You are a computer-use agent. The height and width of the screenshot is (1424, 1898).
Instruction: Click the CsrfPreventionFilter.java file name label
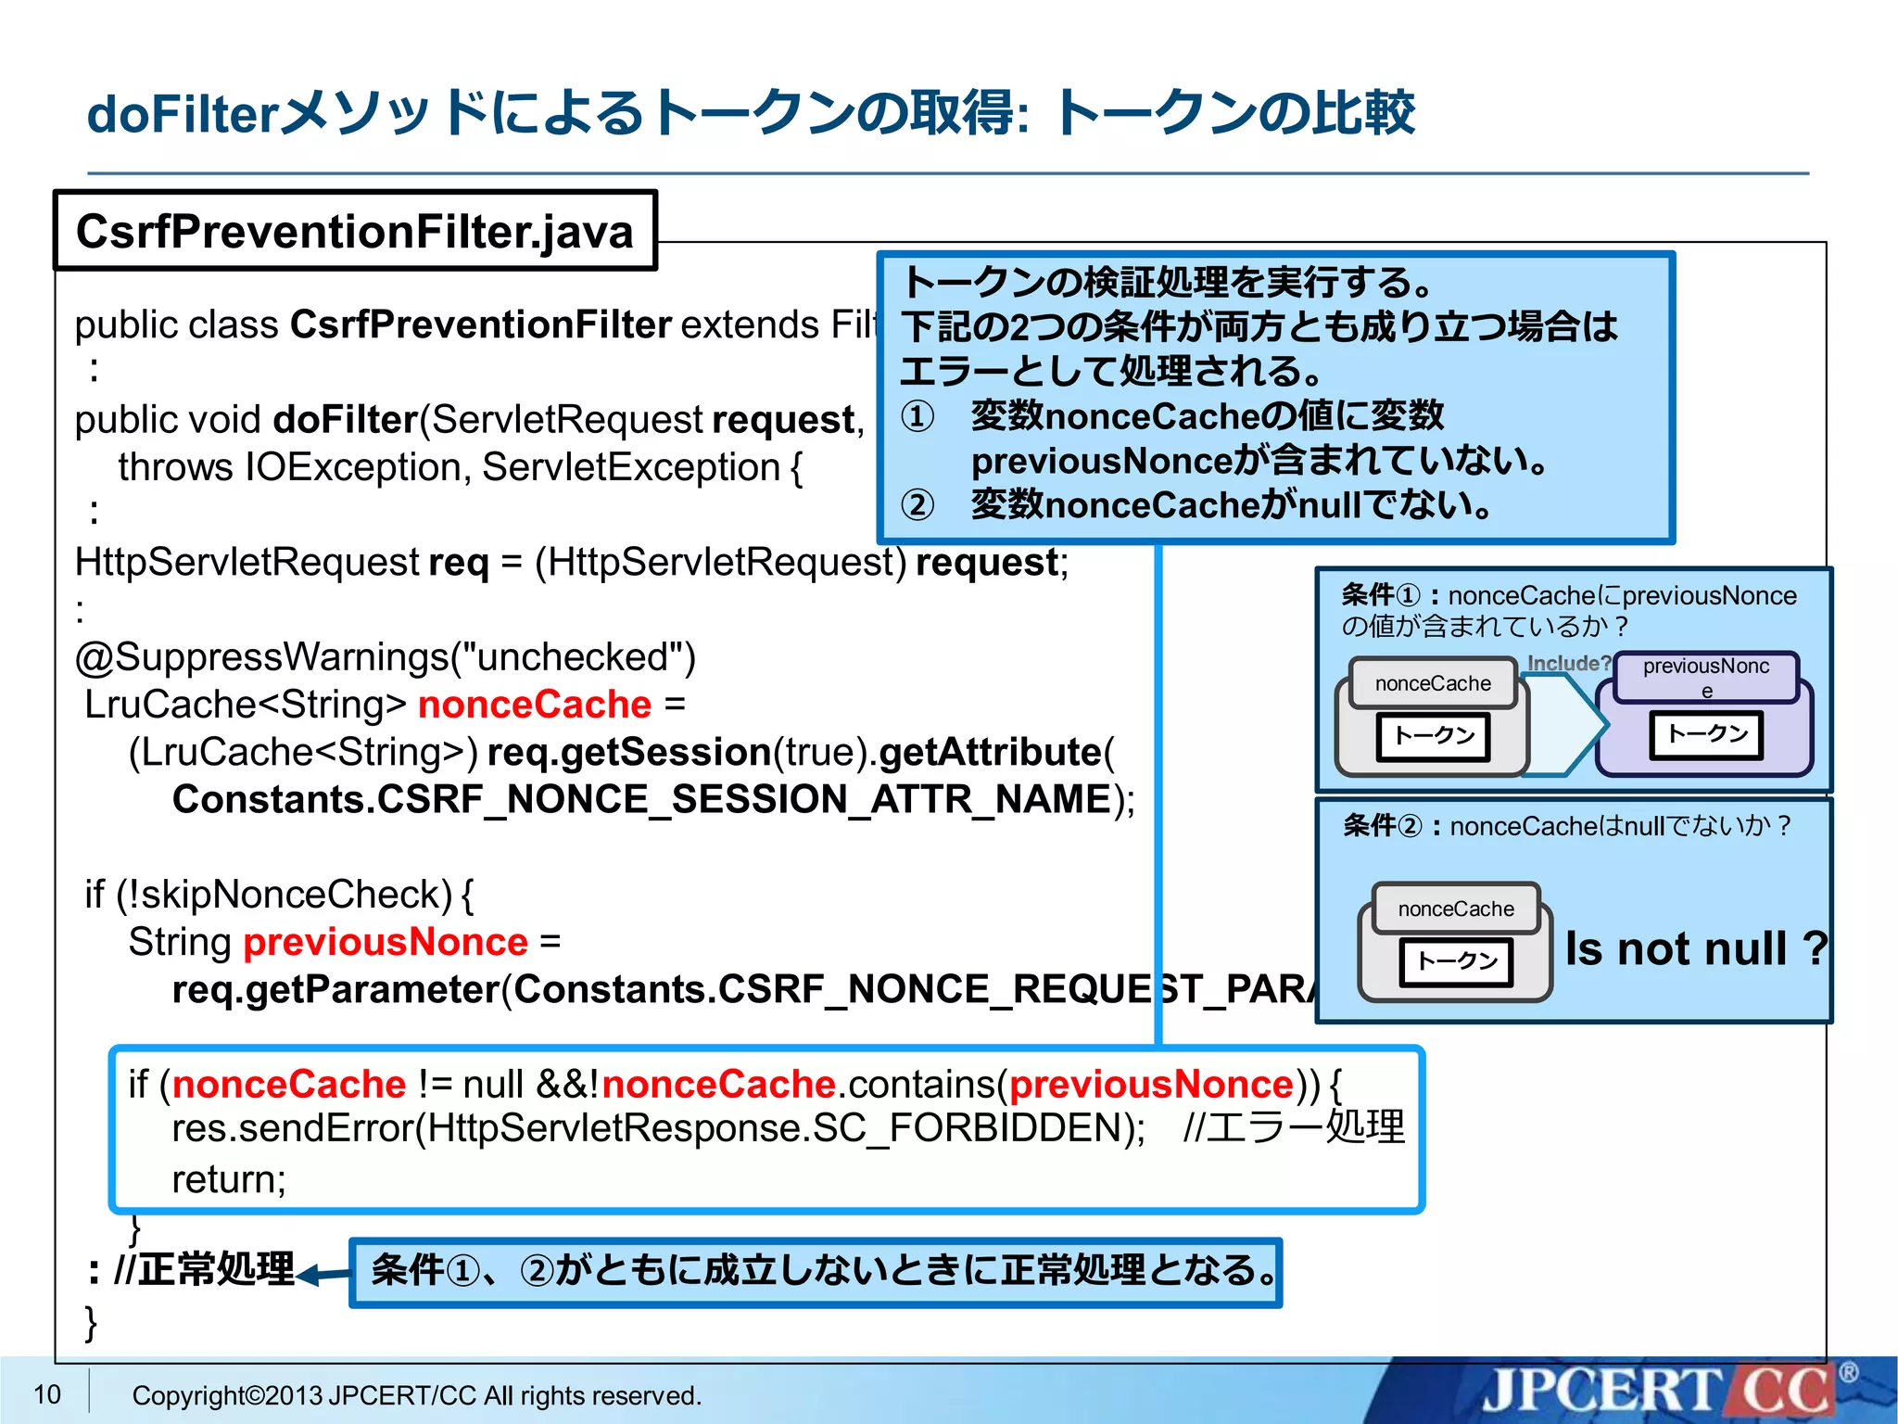point(354,231)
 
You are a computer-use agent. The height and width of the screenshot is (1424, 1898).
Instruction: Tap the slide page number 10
point(46,1393)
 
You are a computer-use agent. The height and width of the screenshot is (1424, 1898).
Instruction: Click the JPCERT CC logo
point(1659,1391)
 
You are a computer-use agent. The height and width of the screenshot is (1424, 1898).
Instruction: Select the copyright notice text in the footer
point(416,1395)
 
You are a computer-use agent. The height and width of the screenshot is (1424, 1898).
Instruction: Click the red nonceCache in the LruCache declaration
point(535,705)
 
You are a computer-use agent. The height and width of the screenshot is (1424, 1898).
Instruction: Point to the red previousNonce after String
point(385,942)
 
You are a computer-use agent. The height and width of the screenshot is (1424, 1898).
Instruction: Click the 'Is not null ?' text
point(1695,948)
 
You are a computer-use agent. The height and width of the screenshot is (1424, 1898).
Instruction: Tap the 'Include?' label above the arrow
point(1568,663)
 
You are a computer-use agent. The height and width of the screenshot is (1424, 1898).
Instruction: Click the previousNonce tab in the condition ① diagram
point(1705,677)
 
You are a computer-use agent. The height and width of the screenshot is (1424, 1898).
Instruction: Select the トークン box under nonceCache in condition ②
point(1456,961)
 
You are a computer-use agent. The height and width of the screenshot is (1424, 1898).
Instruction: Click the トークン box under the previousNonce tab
point(1706,735)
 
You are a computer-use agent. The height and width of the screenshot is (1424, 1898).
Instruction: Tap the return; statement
point(229,1179)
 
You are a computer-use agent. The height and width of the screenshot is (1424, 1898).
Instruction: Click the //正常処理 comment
point(204,1269)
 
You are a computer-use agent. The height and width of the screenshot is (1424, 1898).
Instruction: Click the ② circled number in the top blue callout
point(917,505)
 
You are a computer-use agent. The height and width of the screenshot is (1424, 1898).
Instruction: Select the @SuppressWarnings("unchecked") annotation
point(385,656)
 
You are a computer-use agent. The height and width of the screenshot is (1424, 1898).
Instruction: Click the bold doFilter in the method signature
point(345,420)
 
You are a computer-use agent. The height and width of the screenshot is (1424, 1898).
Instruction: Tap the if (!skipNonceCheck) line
point(278,895)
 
